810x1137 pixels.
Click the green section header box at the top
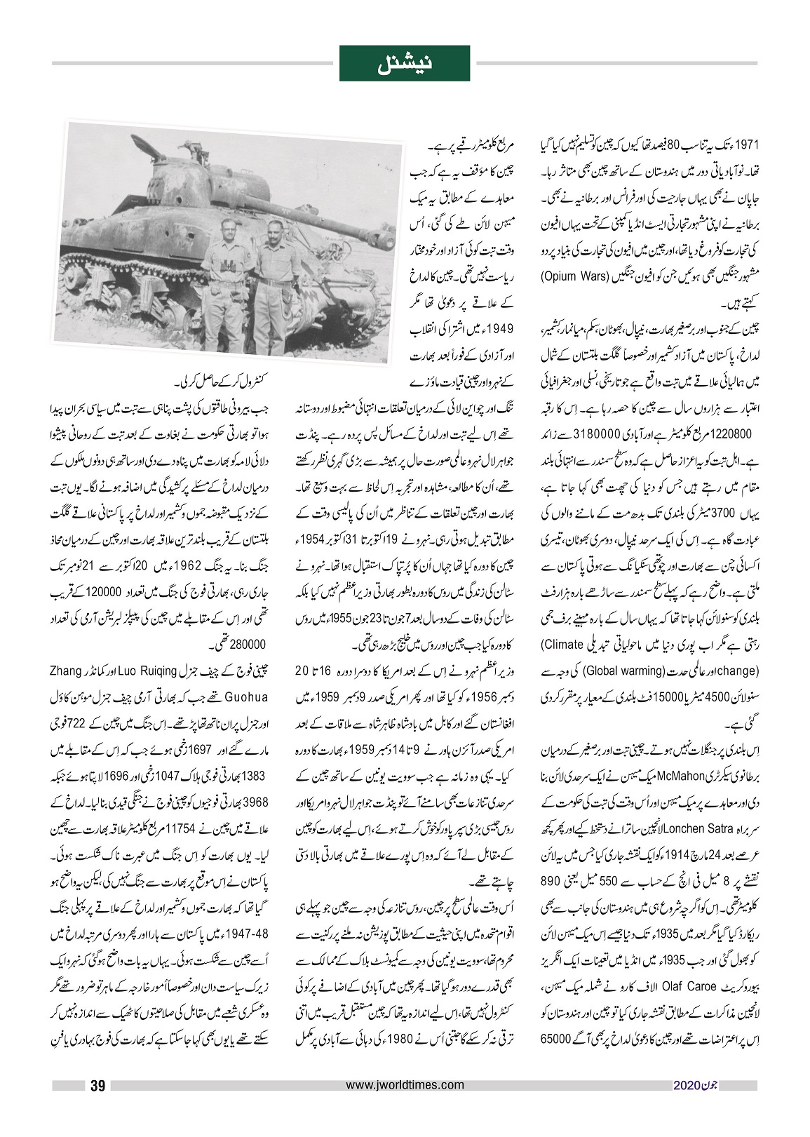pyautogui.click(x=405, y=63)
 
